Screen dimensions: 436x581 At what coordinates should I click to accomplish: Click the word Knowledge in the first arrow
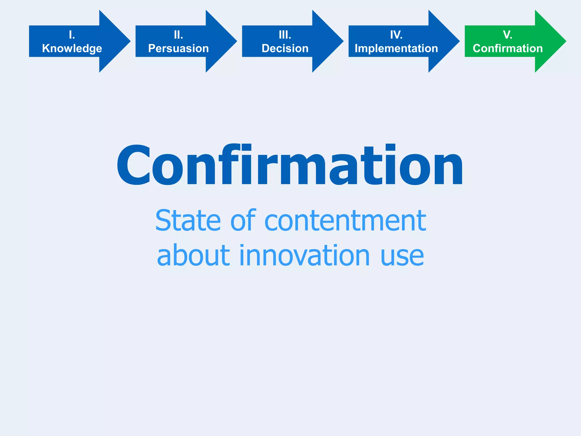click(72, 49)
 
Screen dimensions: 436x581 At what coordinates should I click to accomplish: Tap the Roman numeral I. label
click(72, 35)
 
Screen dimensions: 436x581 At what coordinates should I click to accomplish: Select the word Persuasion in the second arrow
click(178, 49)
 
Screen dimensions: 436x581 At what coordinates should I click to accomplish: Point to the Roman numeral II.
click(178, 35)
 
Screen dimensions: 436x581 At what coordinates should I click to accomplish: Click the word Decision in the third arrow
click(285, 49)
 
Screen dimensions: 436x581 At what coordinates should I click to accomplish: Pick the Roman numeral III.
click(285, 35)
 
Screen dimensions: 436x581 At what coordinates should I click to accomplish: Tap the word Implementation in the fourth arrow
click(396, 49)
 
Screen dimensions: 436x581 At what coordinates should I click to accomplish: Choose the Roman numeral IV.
click(396, 35)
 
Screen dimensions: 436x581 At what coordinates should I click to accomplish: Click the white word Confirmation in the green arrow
click(508, 49)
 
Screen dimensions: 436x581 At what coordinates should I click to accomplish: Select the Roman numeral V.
click(508, 35)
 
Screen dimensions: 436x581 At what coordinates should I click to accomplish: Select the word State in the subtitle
click(188, 221)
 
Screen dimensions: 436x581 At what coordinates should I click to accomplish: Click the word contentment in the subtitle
click(345, 221)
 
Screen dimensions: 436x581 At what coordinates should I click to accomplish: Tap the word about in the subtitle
click(193, 255)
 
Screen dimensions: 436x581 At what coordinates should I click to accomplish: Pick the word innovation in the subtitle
click(305, 255)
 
